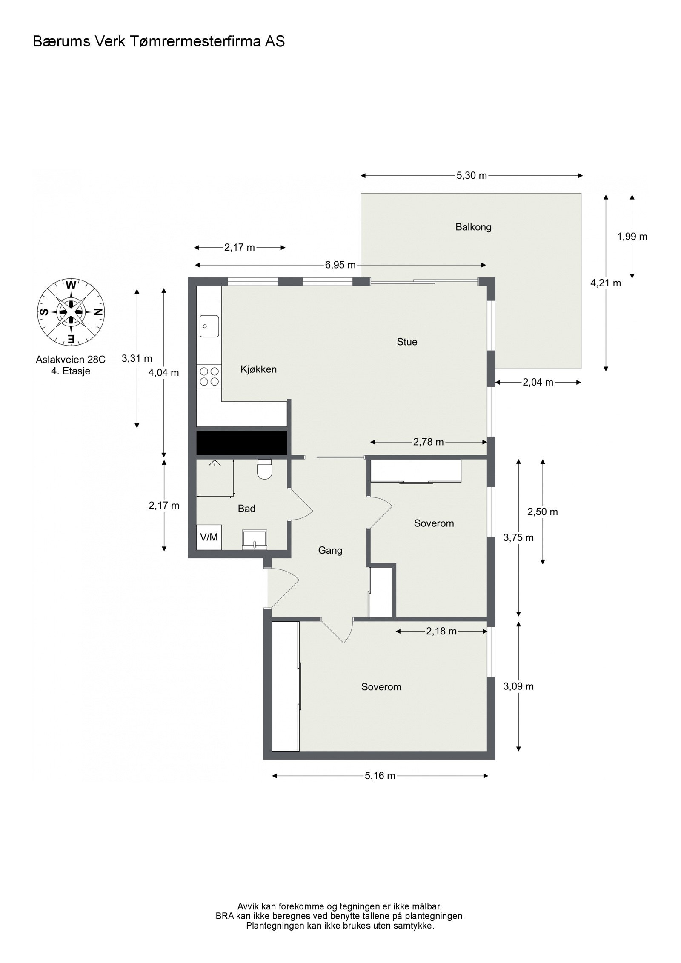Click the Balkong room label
pos(473,227)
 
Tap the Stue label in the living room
pos(407,342)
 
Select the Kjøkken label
pos(258,369)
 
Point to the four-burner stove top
pos(209,377)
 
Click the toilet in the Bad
pos(265,469)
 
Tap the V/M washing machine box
pos(209,537)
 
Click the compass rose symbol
pos(72,311)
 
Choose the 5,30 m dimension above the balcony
pos(472,175)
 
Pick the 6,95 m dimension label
pos(340,265)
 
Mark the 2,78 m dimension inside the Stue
pos(429,442)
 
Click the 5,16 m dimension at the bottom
pos(380,776)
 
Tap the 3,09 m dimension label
pos(518,686)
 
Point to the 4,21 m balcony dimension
pos(606,283)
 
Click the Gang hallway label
pos(330,551)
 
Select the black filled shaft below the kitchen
pos(241,443)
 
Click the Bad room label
pos(246,509)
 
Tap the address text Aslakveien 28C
pos(71,360)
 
